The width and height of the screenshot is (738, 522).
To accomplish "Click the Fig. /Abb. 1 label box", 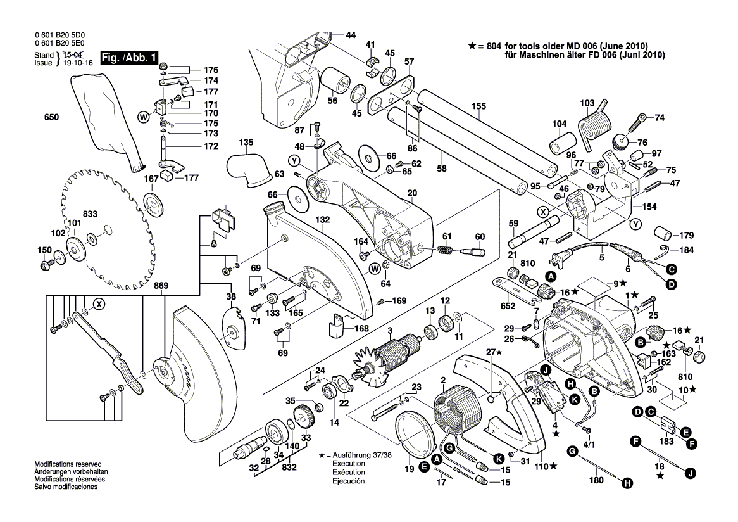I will pos(120,58).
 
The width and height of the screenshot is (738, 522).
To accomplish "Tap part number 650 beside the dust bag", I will pos(51,118).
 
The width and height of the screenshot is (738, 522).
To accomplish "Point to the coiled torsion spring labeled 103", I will pos(593,127).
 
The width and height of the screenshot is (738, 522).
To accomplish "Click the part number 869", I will pos(161,286).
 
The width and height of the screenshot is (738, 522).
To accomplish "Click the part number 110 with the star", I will pos(543,466).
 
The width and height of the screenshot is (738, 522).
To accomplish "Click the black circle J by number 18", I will pos(691,472).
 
